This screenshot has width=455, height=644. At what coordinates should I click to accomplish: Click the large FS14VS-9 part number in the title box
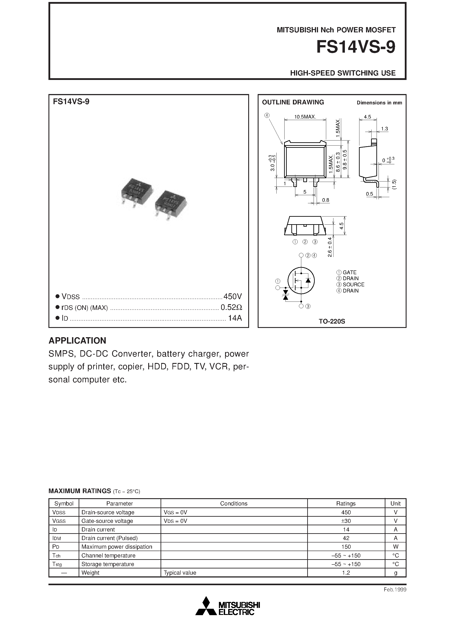click(x=355, y=47)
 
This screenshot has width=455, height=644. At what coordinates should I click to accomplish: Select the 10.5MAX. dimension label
click(x=305, y=117)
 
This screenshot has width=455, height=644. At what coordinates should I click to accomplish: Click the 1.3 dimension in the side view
click(x=384, y=129)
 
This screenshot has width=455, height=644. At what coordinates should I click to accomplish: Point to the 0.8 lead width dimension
click(x=326, y=200)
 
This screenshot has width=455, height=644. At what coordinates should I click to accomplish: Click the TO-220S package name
click(x=332, y=321)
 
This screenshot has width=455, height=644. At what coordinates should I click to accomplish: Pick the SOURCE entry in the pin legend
click(x=353, y=284)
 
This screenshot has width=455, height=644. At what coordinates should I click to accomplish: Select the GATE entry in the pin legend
click(x=349, y=272)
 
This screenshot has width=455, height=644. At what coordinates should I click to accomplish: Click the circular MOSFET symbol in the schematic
click(x=301, y=280)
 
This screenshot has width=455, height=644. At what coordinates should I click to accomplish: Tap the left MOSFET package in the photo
click(x=136, y=192)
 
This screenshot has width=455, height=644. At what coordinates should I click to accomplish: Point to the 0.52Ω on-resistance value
click(x=231, y=307)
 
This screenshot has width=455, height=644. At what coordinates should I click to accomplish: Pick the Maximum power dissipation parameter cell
click(x=117, y=547)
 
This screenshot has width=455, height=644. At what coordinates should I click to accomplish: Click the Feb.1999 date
click(x=395, y=590)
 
